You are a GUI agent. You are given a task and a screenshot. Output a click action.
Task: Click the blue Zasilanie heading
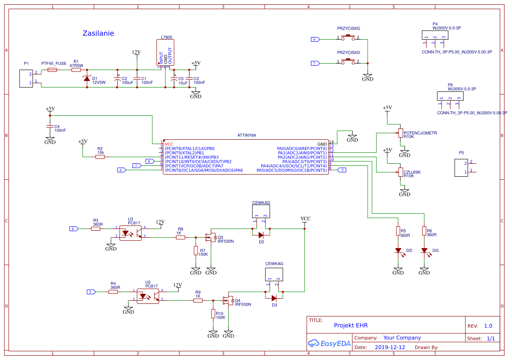coord(98,33)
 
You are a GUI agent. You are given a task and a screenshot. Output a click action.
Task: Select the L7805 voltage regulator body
coord(165,53)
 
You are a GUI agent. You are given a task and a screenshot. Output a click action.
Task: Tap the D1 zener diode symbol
coord(87,78)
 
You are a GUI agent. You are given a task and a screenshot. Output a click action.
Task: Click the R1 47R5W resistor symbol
coord(76,70)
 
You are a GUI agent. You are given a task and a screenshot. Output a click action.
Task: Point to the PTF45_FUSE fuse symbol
coord(52,70)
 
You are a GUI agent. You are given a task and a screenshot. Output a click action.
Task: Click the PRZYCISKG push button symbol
coord(348,37)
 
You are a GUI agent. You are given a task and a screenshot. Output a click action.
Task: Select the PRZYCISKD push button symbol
coord(348,61)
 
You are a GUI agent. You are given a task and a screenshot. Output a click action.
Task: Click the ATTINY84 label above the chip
coord(247,135)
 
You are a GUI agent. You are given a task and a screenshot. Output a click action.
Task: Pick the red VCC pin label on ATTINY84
coord(169,144)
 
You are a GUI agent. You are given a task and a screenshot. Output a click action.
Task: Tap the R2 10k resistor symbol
coord(100,157)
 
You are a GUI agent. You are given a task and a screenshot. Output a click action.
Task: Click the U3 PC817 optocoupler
coord(131,233)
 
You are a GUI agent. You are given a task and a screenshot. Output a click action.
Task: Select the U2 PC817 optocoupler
coord(148,296)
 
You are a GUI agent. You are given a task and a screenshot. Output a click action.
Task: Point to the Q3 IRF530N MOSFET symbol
coord(211,238)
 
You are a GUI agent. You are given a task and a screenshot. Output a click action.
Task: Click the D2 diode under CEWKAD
coord(261,235)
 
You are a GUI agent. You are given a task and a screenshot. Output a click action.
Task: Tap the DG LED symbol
coord(425,251)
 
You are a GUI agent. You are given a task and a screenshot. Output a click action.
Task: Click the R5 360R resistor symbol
coord(398,231)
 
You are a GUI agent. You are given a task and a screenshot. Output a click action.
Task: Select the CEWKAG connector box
coord(274,274)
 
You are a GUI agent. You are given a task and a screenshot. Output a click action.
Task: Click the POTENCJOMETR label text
coord(420,133)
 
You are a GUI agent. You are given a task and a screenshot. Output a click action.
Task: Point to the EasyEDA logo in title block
coord(329,343)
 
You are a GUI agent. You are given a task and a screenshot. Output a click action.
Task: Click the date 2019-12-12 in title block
coord(390,347)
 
